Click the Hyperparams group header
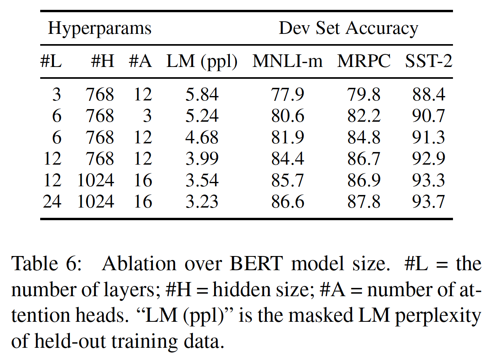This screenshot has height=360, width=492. (99, 29)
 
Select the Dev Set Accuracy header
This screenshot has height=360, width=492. (348, 29)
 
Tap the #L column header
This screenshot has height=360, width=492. (51, 62)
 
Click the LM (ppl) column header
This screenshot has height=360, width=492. (202, 62)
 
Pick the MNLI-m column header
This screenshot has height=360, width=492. (287, 62)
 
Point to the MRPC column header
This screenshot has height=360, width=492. (364, 62)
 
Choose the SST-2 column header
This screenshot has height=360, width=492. (429, 62)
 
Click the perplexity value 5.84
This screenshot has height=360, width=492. (202, 95)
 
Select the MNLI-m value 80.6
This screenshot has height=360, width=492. (287, 116)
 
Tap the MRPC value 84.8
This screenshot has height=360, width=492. (364, 137)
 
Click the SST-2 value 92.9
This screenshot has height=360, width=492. (429, 159)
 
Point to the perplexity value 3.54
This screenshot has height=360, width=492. (202, 180)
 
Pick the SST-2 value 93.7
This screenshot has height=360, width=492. (429, 201)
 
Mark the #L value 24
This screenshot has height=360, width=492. (52, 201)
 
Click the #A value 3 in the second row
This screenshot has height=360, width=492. (147, 116)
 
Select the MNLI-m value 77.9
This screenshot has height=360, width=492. (287, 95)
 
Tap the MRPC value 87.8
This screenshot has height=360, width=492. (364, 201)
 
